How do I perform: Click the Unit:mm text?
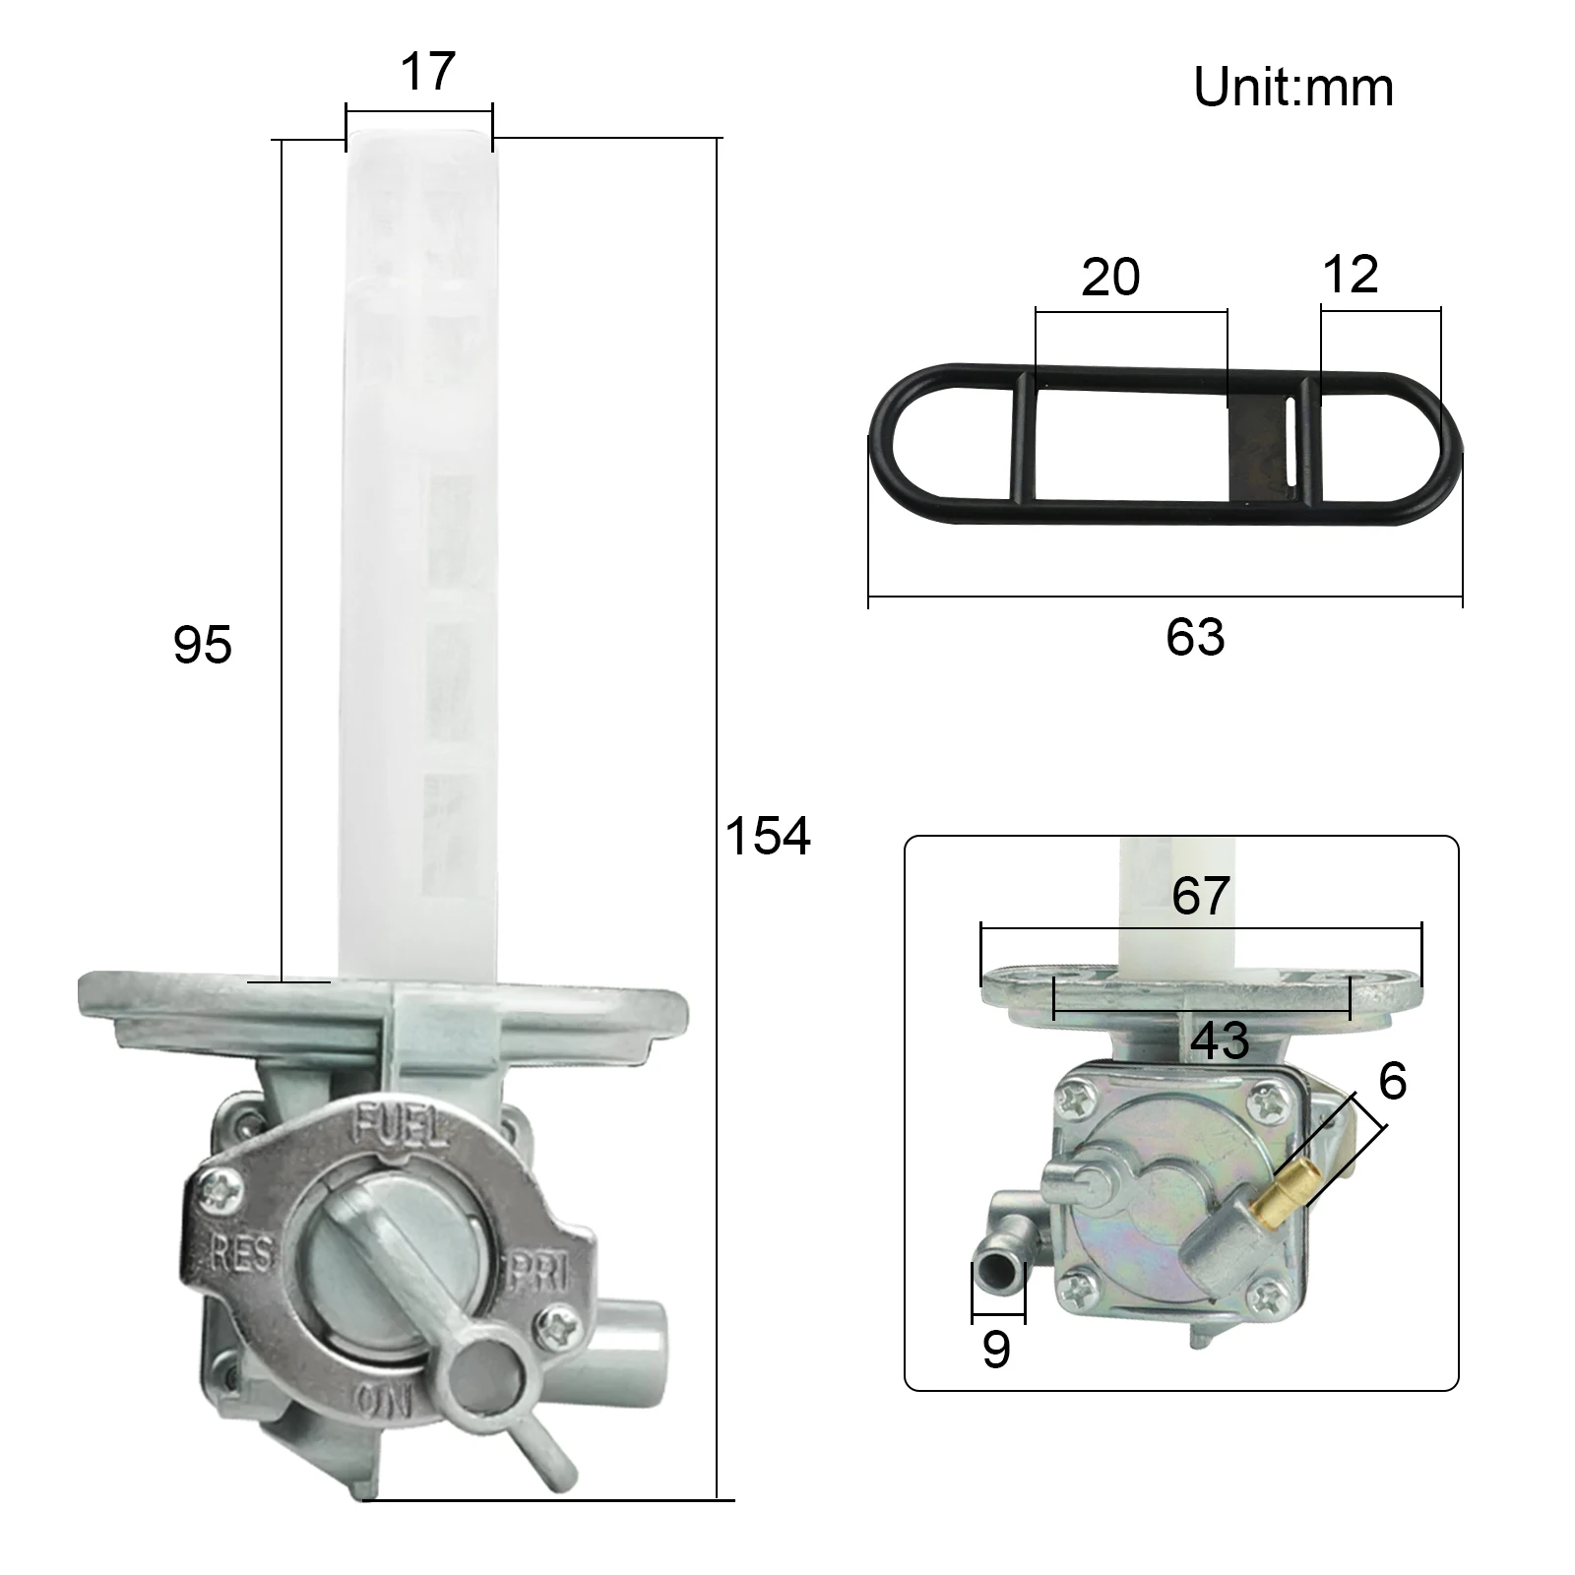pos(1292,88)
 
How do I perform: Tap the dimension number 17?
pos(428,72)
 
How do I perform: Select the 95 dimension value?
pos(203,646)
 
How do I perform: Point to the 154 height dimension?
pos(768,836)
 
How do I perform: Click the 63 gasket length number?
pos(1195,637)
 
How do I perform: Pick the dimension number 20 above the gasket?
pos(1110,277)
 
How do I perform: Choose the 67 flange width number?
pos(1201,896)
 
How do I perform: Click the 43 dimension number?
pos(1220,1040)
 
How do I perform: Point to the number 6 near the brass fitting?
pos(1393,1081)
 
